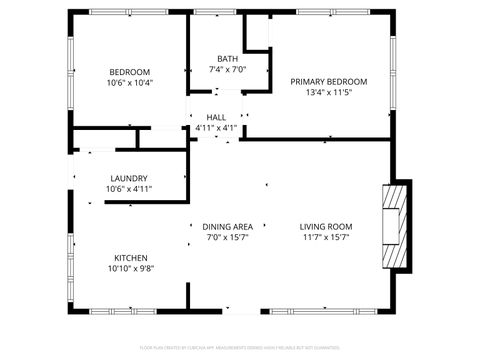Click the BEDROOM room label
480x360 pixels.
tap(130, 72)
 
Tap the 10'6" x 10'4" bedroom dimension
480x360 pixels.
tap(130, 83)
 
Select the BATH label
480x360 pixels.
tap(227, 58)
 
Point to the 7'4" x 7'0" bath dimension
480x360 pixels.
tap(227, 70)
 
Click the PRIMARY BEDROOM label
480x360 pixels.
tap(328, 81)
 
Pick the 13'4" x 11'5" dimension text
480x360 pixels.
tap(328, 93)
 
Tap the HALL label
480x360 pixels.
tap(216, 117)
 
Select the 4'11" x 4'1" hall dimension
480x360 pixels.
tap(216, 128)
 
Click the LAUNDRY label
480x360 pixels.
tap(129, 178)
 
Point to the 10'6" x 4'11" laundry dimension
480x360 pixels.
tap(129, 189)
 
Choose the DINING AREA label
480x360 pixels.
tap(227, 227)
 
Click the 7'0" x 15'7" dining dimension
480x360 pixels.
tap(227, 238)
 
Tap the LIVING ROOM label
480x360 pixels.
tap(327, 227)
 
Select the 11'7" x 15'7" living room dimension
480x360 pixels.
tap(327, 238)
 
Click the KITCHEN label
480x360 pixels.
tap(131, 256)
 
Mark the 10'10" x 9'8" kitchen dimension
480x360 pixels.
tap(131, 268)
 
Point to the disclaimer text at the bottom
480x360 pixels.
tap(239, 347)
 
